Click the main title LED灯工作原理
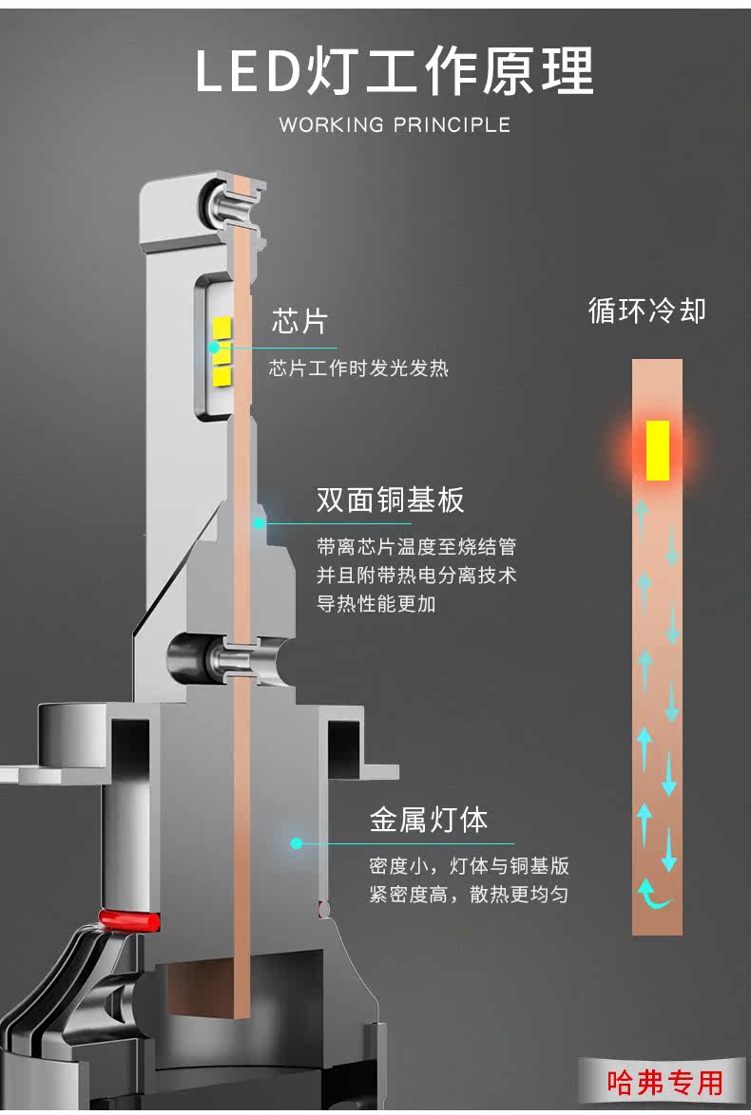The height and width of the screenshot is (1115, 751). coord(395,71)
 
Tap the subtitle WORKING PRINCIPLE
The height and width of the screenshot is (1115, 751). coord(395,124)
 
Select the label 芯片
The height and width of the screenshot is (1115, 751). coord(299,321)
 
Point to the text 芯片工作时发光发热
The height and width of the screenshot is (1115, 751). coord(358,369)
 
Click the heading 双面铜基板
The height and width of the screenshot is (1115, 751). coord(390,500)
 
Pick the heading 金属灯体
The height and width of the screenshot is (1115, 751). coord(429,821)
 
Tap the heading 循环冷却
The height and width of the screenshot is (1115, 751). coord(647,311)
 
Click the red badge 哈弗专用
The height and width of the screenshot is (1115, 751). coord(664,1083)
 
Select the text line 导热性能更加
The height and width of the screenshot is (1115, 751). coord(376,604)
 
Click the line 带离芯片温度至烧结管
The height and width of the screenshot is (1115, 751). coord(416,547)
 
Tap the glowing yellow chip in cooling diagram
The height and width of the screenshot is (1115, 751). coord(658,449)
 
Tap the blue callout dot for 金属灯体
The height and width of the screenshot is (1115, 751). coord(296,842)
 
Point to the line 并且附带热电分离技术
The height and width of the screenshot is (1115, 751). coord(416,576)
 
